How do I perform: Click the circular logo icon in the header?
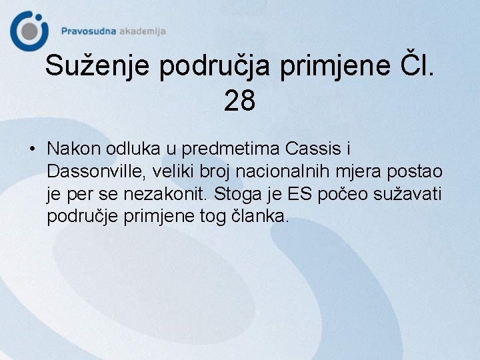click(29, 30)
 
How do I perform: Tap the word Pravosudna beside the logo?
click(89, 31)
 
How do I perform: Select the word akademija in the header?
click(142, 31)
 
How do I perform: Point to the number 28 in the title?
click(240, 101)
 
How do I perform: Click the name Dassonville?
click(96, 171)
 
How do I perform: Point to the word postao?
click(419, 171)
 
